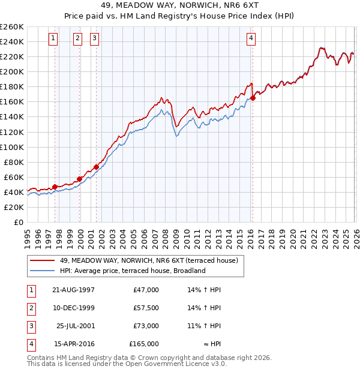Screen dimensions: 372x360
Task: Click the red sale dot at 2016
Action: pos(253,98)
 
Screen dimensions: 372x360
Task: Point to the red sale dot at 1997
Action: pos(55,187)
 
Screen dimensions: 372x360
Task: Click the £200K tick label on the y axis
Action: pos(12,71)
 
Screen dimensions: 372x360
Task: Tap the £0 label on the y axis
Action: pos(18,222)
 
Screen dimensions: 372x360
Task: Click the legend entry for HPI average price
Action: pos(132,271)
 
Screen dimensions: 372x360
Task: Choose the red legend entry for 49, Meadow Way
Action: pos(149,260)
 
